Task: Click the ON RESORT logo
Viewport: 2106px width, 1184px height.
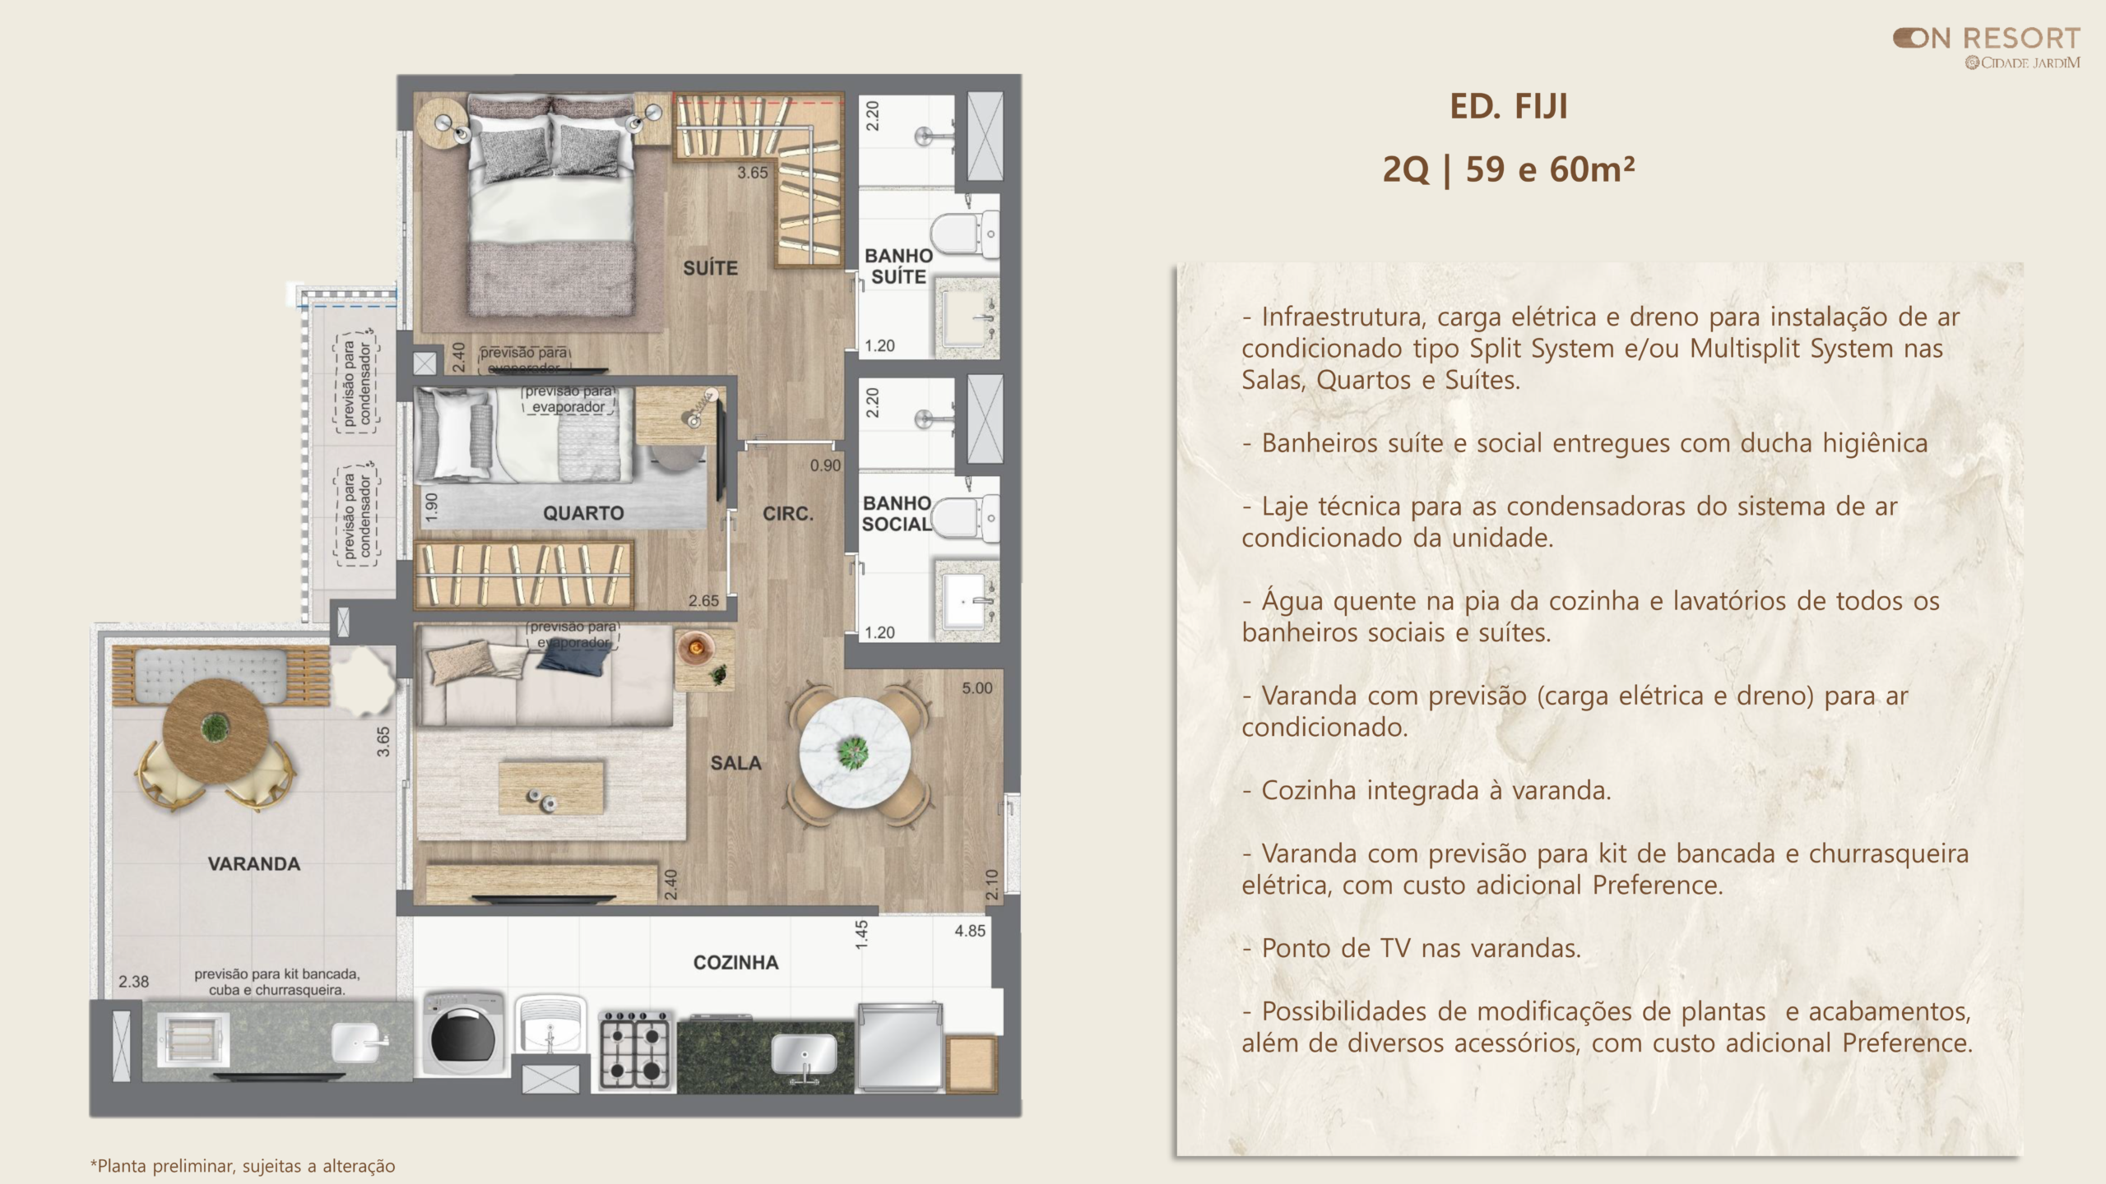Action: [x=1986, y=49]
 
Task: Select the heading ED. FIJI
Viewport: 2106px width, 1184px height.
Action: [x=1509, y=107]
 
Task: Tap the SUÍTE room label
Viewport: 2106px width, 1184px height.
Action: [x=710, y=268]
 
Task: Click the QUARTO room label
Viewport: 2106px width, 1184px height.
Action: [x=583, y=513]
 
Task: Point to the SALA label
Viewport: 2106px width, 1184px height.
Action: [x=735, y=763]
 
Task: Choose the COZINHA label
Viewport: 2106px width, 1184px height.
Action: [x=735, y=962]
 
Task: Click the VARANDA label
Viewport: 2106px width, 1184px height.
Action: [x=253, y=863]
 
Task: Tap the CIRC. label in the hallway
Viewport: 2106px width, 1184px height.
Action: [x=787, y=514]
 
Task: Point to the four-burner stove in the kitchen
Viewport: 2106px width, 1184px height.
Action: [x=634, y=1052]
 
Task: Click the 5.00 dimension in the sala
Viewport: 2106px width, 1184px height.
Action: [x=977, y=688]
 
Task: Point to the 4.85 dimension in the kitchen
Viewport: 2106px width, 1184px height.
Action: [x=970, y=931]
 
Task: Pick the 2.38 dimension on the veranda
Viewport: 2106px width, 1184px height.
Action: [x=134, y=981]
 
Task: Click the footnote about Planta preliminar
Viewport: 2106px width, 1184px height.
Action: [x=243, y=1166]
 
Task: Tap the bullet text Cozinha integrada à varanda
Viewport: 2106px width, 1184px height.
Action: [x=1426, y=790]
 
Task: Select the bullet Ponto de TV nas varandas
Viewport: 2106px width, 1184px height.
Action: [x=1412, y=948]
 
